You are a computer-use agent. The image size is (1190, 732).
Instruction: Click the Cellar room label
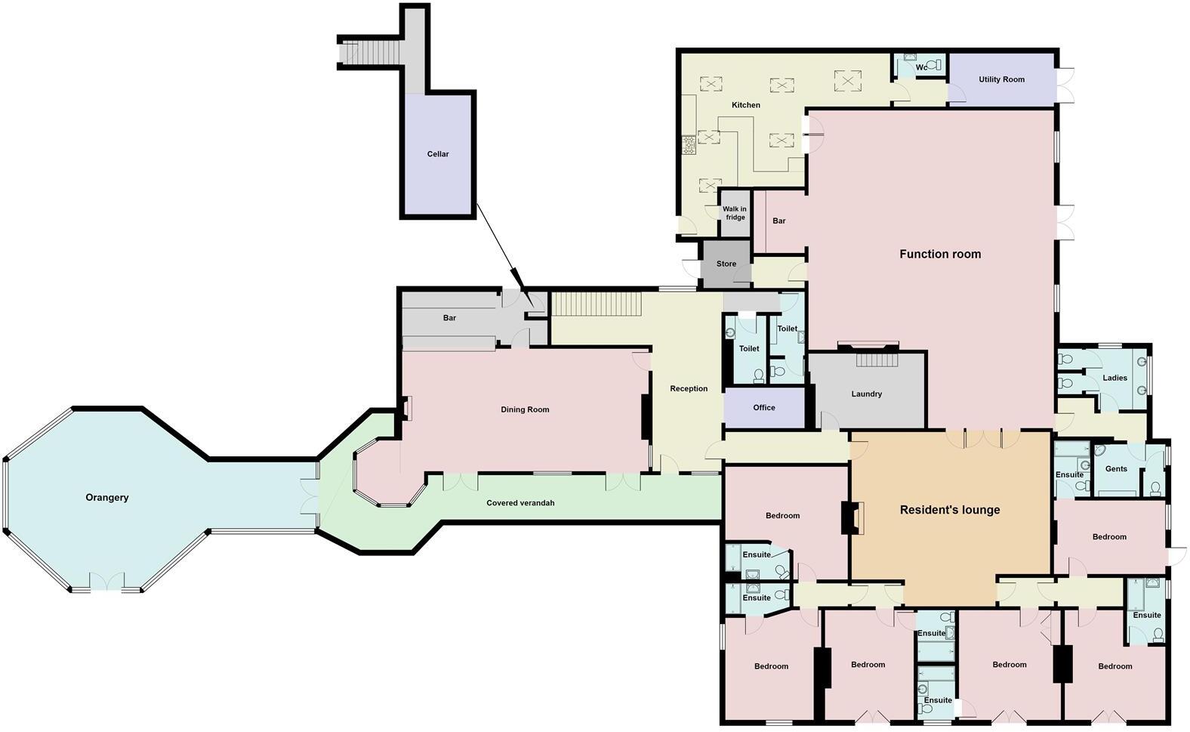pyautogui.click(x=438, y=154)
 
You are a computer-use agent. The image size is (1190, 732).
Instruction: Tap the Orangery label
pyautogui.click(x=107, y=498)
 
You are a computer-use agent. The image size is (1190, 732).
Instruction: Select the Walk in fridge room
pyautogui.click(x=735, y=214)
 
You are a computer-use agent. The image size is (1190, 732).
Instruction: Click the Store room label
pyautogui.click(x=726, y=264)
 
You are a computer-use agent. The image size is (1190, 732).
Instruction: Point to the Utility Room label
pyautogui.click(x=1001, y=79)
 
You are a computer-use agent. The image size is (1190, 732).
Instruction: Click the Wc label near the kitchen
pyautogui.click(x=921, y=67)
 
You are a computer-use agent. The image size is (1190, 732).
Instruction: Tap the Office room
pyautogui.click(x=764, y=408)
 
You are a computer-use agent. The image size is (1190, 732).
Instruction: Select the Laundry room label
pyautogui.click(x=866, y=394)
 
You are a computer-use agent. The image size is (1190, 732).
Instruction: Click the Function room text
pyautogui.click(x=940, y=255)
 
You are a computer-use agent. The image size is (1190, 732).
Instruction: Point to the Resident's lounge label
pyautogui.click(x=950, y=510)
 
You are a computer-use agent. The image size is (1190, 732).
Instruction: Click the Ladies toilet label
pyautogui.click(x=1114, y=378)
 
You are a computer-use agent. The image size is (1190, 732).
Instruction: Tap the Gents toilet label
pyautogui.click(x=1116, y=469)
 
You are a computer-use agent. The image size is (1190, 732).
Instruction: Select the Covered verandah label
pyautogui.click(x=520, y=503)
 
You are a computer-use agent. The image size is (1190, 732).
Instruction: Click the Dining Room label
pyautogui.click(x=525, y=410)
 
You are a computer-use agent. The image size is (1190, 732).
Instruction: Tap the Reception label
pyautogui.click(x=689, y=389)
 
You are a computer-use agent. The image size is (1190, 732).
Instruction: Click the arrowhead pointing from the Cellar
pyautogui.click(x=516, y=276)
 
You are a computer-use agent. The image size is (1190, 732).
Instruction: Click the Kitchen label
pyautogui.click(x=746, y=105)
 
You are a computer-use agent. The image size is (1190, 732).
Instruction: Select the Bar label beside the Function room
pyautogui.click(x=779, y=221)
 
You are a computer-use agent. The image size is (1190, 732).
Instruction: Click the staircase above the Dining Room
pyautogui.click(x=597, y=304)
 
